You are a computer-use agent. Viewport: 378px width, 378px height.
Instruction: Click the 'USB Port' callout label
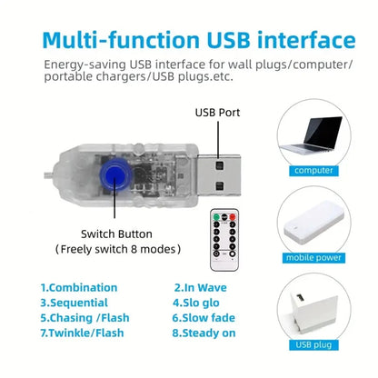point(219,114)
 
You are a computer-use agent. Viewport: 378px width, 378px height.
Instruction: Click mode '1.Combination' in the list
point(78,287)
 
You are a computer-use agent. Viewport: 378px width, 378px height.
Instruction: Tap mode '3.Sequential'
point(74,303)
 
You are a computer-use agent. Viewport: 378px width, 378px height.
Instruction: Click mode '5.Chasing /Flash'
point(86,318)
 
